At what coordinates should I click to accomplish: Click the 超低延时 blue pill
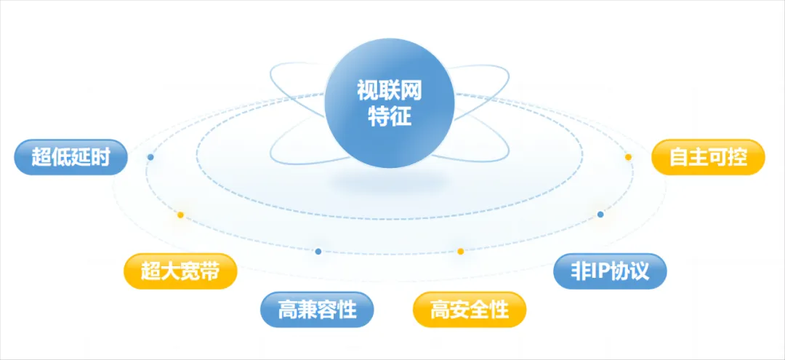click(71, 157)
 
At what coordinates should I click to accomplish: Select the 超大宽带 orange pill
click(180, 271)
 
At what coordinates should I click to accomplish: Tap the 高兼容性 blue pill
click(317, 310)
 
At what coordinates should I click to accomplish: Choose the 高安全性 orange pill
click(470, 310)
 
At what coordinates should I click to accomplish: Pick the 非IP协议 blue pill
click(610, 271)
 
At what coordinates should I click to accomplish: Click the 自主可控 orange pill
click(708, 157)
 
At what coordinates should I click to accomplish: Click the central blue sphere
click(390, 103)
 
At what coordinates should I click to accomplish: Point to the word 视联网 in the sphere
click(390, 91)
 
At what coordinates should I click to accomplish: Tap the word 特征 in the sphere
click(390, 117)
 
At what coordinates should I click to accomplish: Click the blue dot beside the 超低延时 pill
click(150, 157)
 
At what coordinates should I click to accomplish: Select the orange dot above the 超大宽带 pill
click(181, 215)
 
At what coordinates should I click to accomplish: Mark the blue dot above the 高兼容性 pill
click(318, 252)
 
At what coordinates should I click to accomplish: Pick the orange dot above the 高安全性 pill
click(461, 252)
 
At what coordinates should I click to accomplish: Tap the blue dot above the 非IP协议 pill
click(600, 215)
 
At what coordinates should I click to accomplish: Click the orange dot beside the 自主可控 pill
click(628, 157)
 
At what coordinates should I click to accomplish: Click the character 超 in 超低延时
click(41, 157)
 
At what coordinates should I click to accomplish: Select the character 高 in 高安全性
click(440, 310)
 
